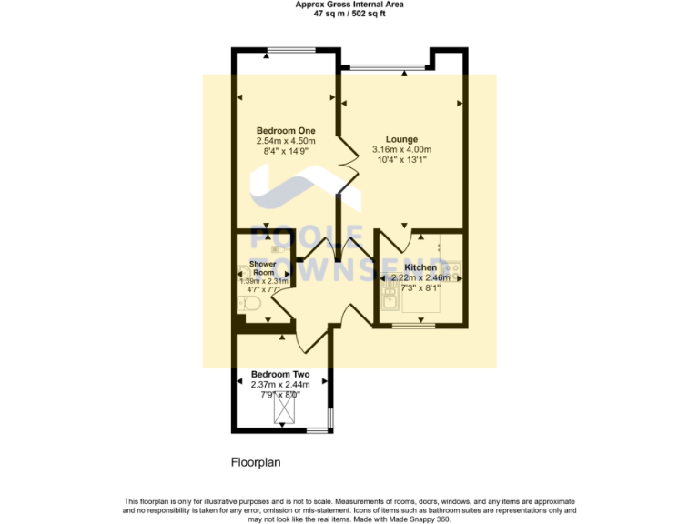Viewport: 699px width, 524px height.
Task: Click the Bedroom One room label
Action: (285, 130)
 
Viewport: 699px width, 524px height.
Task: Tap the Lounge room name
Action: (401, 138)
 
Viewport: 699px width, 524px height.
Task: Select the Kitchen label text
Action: (420, 267)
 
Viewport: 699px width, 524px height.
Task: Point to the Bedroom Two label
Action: (280, 374)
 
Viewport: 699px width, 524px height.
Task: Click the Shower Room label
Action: (262, 268)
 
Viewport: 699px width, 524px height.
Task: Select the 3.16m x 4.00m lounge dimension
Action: (401, 149)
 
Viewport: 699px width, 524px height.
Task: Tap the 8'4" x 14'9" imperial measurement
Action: (285, 152)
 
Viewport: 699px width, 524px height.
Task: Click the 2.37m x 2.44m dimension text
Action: (280, 385)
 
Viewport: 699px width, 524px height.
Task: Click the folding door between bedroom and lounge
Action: (346, 166)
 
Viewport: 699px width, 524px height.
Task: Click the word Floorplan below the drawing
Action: (256, 462)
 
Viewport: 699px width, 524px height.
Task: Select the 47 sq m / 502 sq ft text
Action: (349, 14)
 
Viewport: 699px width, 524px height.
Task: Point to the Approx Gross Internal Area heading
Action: (349, 5)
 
